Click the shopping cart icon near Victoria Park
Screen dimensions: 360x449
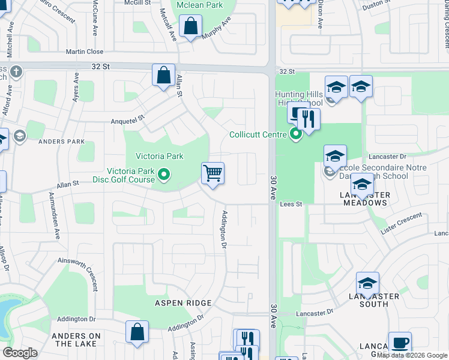pos(213,173)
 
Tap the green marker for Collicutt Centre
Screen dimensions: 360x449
pos(295,134)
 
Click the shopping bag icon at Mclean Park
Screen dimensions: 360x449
pos(191,26)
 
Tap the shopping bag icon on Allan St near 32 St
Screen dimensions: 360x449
pos(163,75)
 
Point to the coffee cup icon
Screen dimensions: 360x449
pos(400,343)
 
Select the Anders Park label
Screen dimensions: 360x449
pos(61,142)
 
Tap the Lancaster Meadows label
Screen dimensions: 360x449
pos(365,199)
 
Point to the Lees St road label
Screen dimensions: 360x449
pos(290,205)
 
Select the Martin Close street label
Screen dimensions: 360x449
pos(85,52)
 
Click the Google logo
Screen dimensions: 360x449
pos(20,353)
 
